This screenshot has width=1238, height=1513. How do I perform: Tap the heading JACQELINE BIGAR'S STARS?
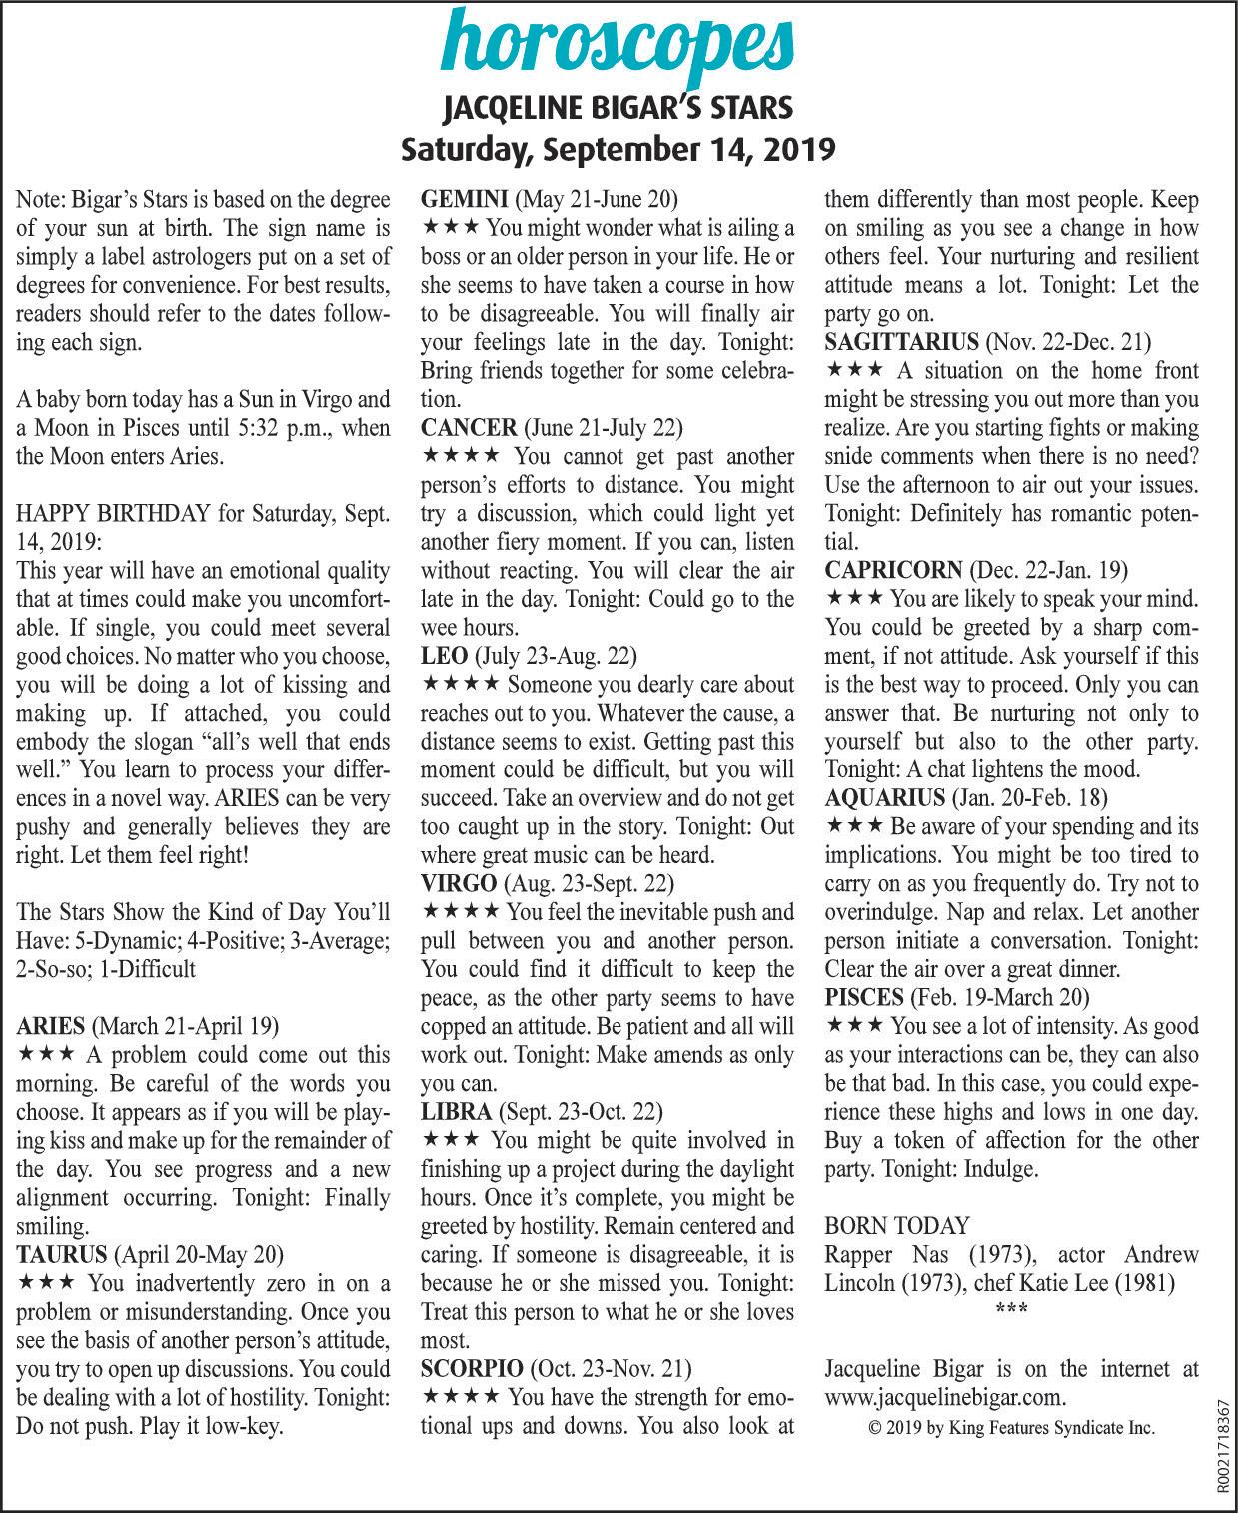point(619,107)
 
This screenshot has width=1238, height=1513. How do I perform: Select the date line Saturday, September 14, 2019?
point(619,149)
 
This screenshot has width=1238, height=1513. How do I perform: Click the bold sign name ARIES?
point(51,1026)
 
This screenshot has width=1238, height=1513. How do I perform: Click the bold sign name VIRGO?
point(459,883)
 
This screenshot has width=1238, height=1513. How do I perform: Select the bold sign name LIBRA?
point(456,1111)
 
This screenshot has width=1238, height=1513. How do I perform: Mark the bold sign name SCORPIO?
point(471,1368)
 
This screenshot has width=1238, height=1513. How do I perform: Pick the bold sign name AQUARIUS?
point(885,797)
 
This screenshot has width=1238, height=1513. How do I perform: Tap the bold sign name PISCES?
point(863,997)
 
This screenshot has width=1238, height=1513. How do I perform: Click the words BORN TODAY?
point(897,1226)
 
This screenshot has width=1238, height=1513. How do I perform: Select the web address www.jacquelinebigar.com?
point(945,1396)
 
